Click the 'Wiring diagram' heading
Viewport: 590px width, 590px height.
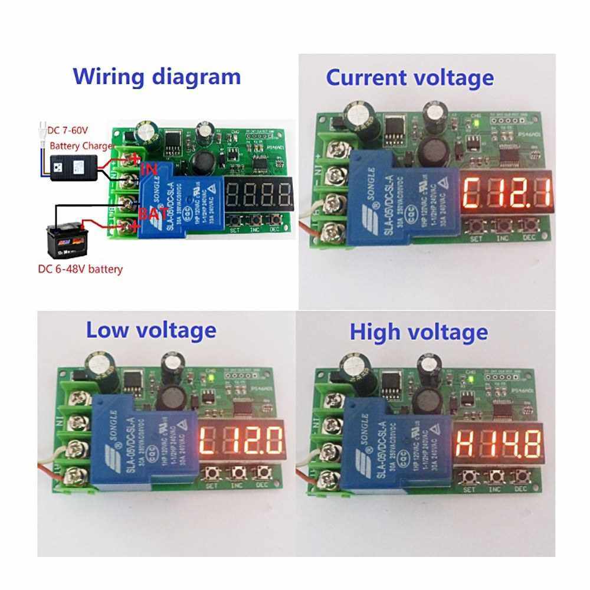pyautogui.click(x=156, y=77)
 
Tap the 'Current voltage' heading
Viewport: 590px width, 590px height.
pyautogui.click(x=409, y=77)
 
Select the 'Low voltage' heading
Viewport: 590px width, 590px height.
pyautogui.click(x=151, y=330)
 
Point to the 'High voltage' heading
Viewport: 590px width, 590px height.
pyautogui.click(x=418, y=332)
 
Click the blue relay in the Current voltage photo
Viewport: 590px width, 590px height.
pyautogui.click(x=402, y=201)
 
